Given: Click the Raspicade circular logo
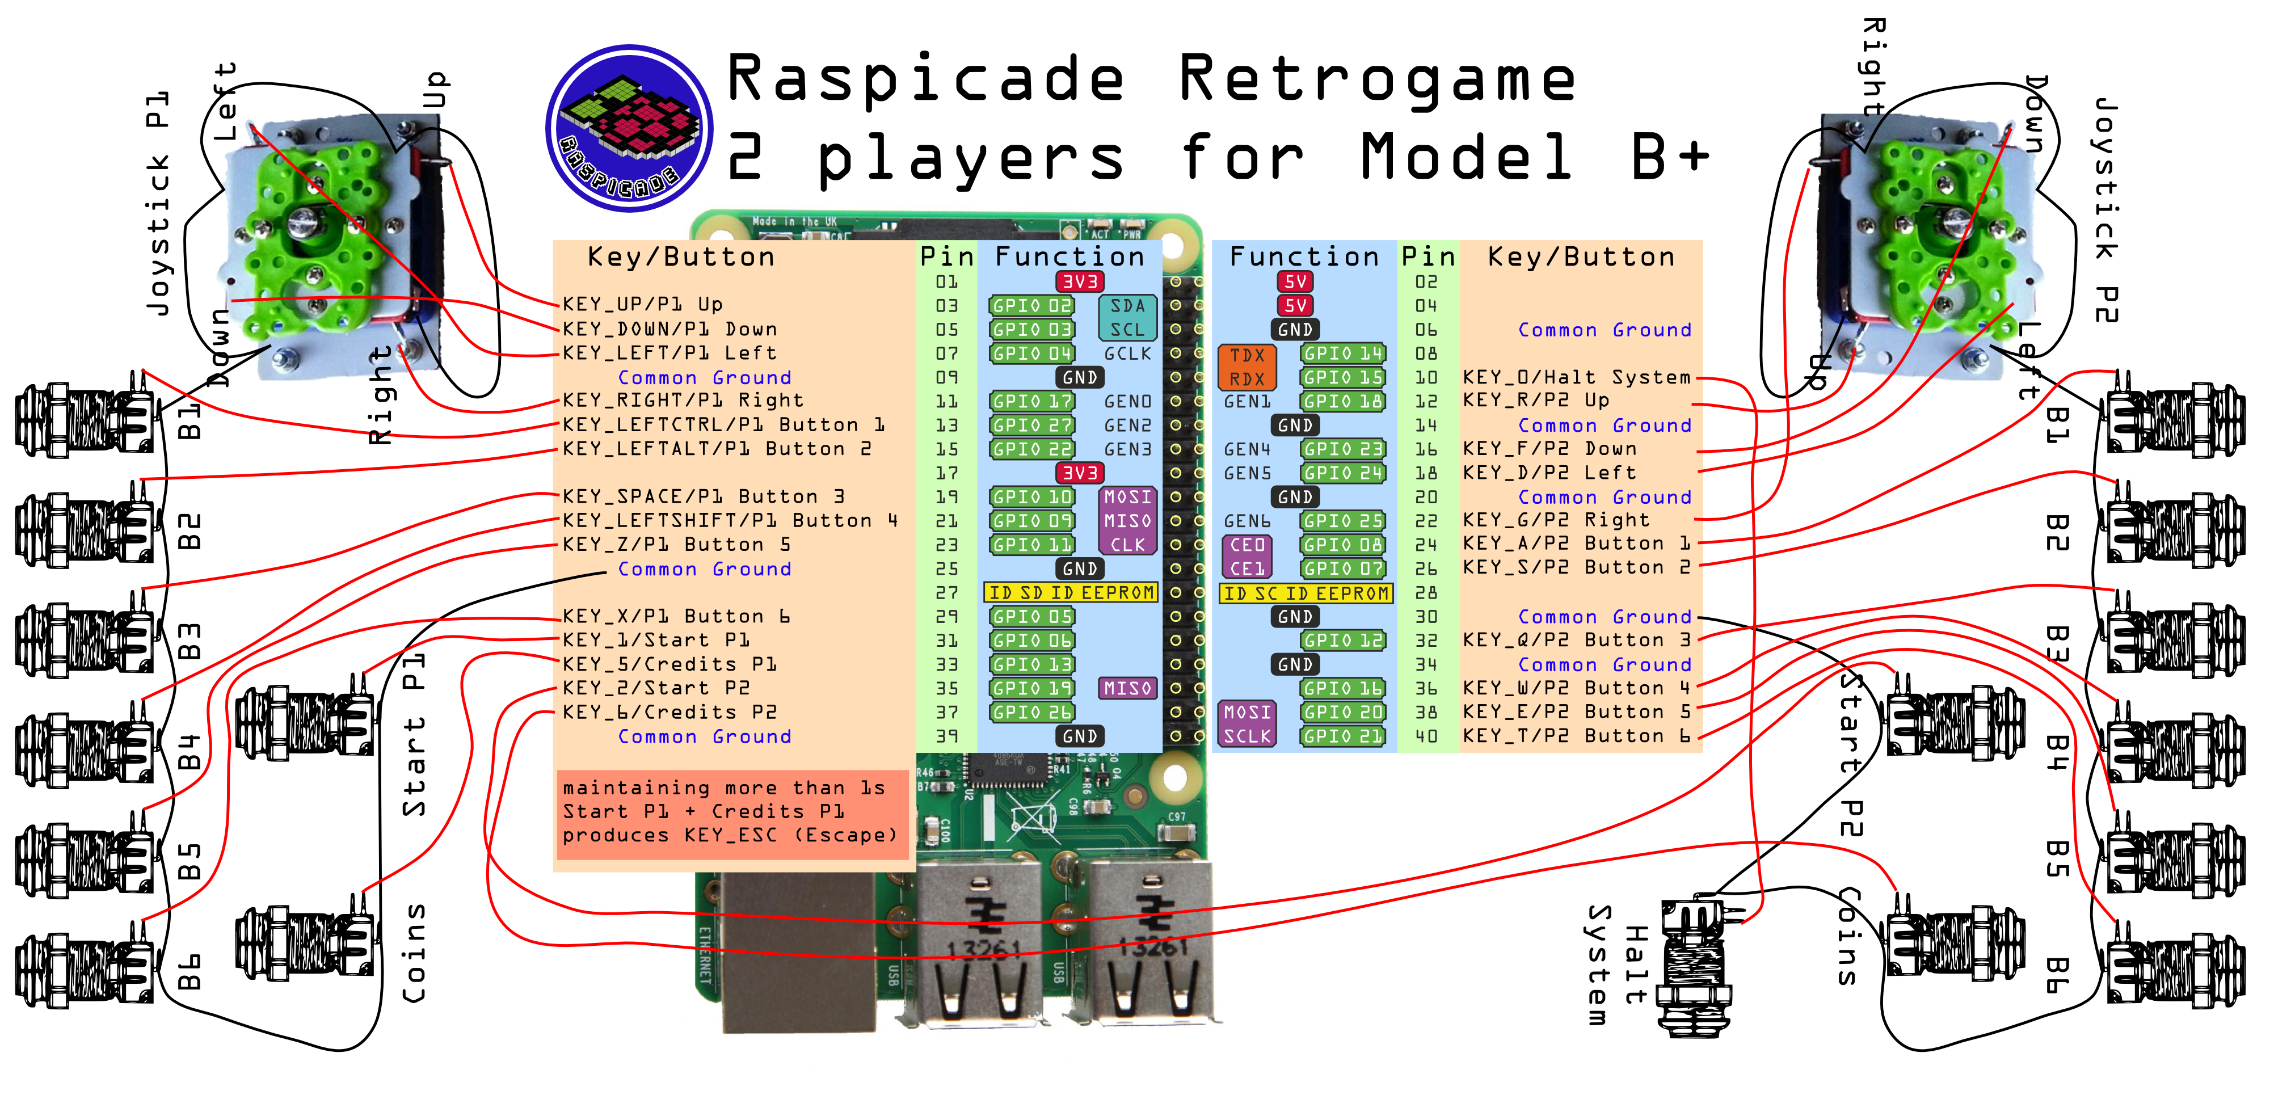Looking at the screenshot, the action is [629, 128].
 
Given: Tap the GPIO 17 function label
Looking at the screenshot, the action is [1031, 401].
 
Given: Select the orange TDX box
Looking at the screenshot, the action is [1247, 355].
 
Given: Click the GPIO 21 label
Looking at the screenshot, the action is [1343, 735].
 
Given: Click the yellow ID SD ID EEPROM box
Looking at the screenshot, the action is [1071, 592].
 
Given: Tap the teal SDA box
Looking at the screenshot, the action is [1127, 305].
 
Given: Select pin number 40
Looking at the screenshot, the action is [1426, 735].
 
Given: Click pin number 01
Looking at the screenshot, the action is [946, 281].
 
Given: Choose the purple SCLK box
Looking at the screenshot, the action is [1247, 735].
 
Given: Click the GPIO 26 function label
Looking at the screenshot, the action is [1031, 711].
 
